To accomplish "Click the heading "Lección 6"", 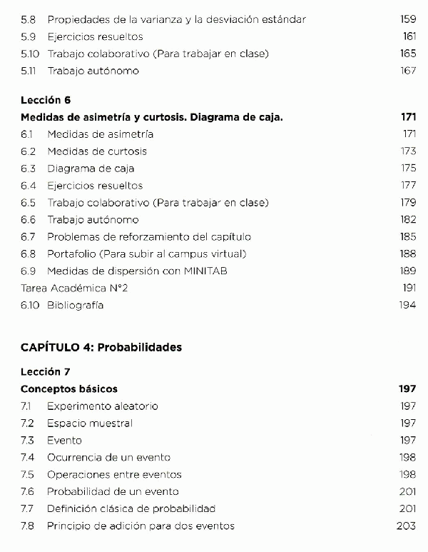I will pos(46,100).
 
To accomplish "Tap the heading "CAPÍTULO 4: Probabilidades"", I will pos(101,348).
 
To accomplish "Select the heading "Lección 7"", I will pos(46,372).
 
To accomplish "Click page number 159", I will pos(408,19).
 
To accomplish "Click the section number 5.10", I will pos(30,54).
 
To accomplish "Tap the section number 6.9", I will pos(29,271).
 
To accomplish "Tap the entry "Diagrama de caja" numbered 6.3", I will pos(91,169).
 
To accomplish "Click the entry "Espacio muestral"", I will pos(90,423).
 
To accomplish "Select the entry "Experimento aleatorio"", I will pos(103,406).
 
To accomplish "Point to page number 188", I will pos(408,254).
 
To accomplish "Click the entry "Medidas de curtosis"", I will pos(97,151).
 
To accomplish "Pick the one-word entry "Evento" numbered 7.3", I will pos(64,441).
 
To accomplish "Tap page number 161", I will pos(409,36).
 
